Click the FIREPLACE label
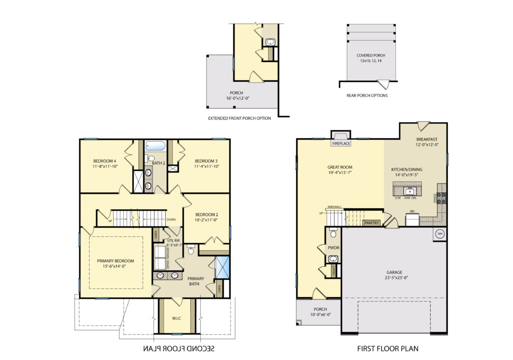(x=341, y=144)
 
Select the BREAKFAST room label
(x=427, y=139)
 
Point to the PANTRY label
(x=371, y=222)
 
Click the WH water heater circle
(x=440, y=234)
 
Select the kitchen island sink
(x=409, y=191)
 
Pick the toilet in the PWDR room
(x=334, y=233)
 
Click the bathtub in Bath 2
(x=155, y=147)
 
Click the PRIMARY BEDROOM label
(x=115, y=261)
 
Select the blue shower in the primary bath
(x=221, y=267)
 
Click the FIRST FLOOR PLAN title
(x=387, y=348)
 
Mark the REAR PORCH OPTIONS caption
(x=367, y=95)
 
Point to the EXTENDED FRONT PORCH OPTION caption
(x=239, y=119)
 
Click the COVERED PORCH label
(x=370, y=56)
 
